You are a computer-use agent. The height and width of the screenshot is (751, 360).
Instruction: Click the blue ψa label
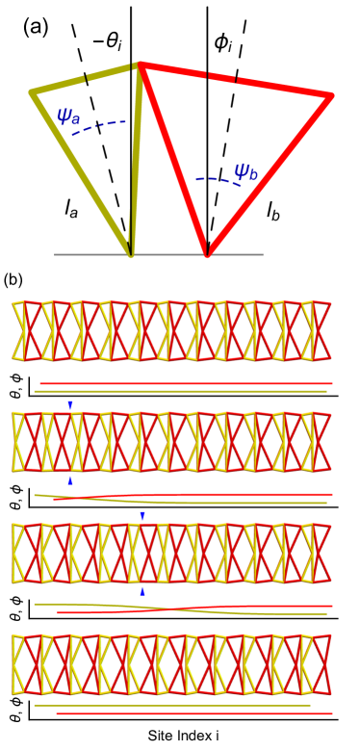point(68,117)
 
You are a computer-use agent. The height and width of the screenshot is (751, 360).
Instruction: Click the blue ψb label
point(245,172)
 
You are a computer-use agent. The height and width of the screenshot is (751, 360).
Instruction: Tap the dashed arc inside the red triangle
point(214,179)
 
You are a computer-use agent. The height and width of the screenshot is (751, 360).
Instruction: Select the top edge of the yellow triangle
point(85,78)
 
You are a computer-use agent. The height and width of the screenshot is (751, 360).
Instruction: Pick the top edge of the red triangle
point(236,80)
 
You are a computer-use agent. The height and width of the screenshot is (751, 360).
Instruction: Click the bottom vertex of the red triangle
point(207,254)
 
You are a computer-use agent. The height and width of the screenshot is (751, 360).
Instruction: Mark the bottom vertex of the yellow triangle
point(131,254)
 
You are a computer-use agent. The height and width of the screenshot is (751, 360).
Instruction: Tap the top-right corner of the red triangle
point(330,95)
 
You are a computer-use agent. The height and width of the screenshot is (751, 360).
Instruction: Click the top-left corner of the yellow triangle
point(33,91)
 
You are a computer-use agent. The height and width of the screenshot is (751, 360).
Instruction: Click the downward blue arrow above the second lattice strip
point(70,404)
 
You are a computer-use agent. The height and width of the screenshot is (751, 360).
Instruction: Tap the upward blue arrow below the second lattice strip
point(70,479)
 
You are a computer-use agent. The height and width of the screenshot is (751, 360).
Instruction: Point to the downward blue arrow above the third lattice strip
point(142,516)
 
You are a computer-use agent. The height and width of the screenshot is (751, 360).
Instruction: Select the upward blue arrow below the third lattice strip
point(142,591)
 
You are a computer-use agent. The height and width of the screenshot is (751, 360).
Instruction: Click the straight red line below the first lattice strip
point(183,383)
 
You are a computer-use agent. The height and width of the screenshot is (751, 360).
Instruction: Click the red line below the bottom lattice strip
point(193,713)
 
